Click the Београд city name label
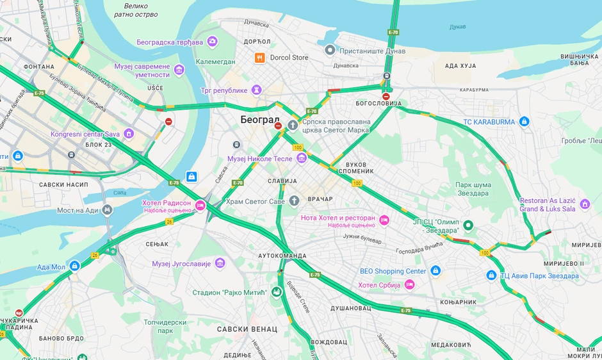click(260, 120)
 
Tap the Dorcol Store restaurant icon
click(259, 58)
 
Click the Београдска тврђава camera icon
click(212, 42)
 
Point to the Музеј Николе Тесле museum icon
click(301, 158)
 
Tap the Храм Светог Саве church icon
click(294, 200)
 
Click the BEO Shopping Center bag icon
click(435, 271)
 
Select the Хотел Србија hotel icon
click(409, 284)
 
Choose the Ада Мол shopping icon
click(74, 266)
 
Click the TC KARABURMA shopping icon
click(524, 122)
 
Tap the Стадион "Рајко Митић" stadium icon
click(277, 293)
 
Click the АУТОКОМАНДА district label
click(282, 255)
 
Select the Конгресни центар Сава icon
click(129, 134)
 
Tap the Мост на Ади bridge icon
click(107, 210)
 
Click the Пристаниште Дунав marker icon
click(330, 49)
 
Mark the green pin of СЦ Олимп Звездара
click(469, 225)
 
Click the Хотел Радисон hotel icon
click(200, 206)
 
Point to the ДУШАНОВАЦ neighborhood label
click(350, 308)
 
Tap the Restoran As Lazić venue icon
click(585, 204)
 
